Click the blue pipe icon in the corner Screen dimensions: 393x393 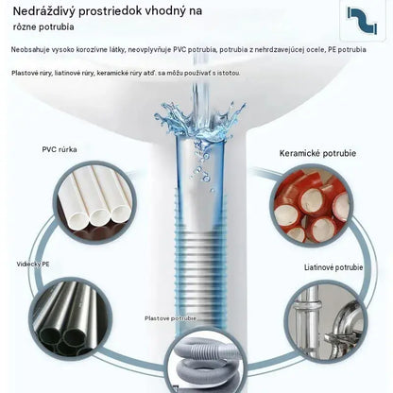[x=362, y=21]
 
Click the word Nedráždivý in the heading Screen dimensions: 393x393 [x=43, y=11]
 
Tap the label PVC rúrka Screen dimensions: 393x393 [x=60, y=149]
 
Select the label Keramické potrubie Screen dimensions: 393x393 [x=317, y=153]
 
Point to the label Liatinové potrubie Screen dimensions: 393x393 [x=333, y=267]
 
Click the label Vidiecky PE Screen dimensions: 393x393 [x=33, y=264]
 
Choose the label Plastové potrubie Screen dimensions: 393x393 [x=170, y=318]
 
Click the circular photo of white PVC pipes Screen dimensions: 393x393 [x=94, y=202]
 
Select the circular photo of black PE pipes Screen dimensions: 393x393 [x=72, y=318]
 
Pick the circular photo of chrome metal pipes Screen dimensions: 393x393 [x=326, y=321]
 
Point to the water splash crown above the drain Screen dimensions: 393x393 [x=199, y=121]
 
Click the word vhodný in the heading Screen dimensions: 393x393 [x=165, y=11]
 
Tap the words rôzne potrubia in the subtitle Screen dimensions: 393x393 [x=43, y=27]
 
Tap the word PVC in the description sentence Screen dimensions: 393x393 [x=179, y=50]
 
